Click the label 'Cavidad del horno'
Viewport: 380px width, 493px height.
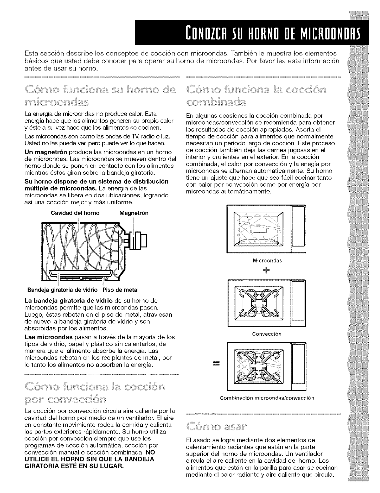click(75, 213)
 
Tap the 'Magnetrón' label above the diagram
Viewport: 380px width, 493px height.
click(134, 213)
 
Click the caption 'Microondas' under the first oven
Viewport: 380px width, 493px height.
click(266, 260)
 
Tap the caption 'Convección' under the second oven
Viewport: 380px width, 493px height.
click(267, 334)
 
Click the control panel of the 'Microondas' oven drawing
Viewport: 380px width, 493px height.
click(298, 226)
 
